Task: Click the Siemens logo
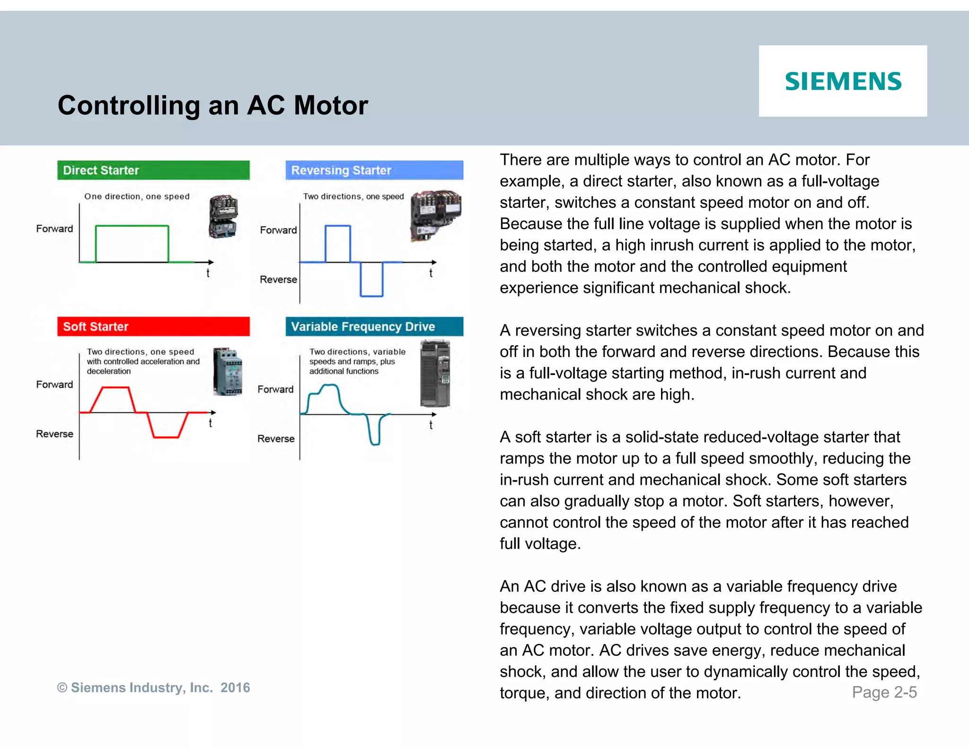[843, 81]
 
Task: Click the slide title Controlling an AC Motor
[212, 105]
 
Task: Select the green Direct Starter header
[153, 170]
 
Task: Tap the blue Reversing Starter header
[374, 170]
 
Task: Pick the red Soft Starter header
[153, 327]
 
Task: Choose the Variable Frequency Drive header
[374, 327]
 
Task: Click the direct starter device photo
[223, 216]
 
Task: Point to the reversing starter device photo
[435, 215]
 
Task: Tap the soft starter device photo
[228, 372]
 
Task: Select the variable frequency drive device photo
[435, 374]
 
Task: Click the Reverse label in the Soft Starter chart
[54, 434]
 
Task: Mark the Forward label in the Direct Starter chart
[54, 229]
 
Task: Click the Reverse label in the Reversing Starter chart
[278, 280]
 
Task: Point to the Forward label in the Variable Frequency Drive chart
[275, 390]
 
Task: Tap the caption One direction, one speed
[137, 196]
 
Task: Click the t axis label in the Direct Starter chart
[208, 273]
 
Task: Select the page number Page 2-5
[884, 692]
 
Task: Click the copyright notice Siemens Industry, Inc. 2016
[153, 687]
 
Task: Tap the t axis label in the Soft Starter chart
[211, 423]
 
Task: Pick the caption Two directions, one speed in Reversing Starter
[353, 196]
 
